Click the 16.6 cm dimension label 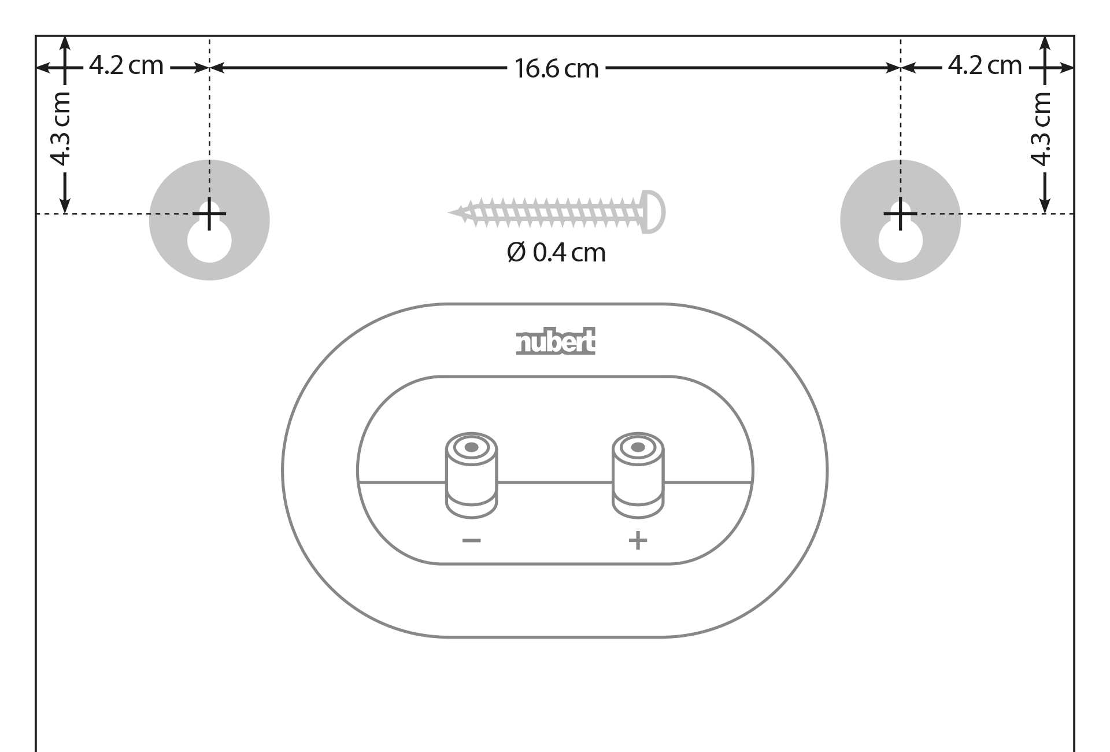click(x=556, y=69)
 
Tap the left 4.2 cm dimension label click(x=127, y=65)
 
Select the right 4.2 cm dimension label click(x=985, y=65)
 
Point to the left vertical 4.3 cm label click(x=60, y=129)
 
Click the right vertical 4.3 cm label click(x=1040, y=129)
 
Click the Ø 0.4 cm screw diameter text click(x=556, y=253)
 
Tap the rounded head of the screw click(x=654, y=212)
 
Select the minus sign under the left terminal click(x=471, y=541)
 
